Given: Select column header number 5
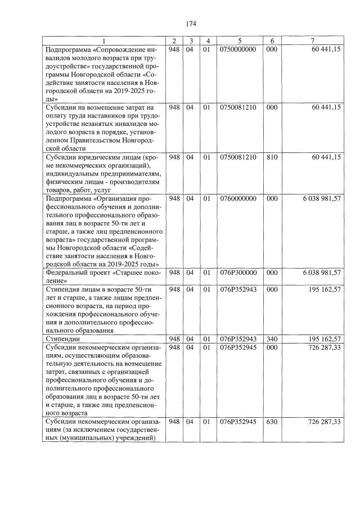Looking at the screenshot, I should click(240, 41).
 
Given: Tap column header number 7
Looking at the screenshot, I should click(312, 41).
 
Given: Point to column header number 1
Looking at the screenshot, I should click(105, 41).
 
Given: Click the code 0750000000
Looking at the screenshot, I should click(240, 49).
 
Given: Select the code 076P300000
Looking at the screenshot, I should click(240, 273).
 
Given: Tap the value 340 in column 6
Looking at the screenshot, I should click(272, 339).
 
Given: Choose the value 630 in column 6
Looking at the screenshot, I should click(272, 422).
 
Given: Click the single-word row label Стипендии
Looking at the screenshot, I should click(63, 339).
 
